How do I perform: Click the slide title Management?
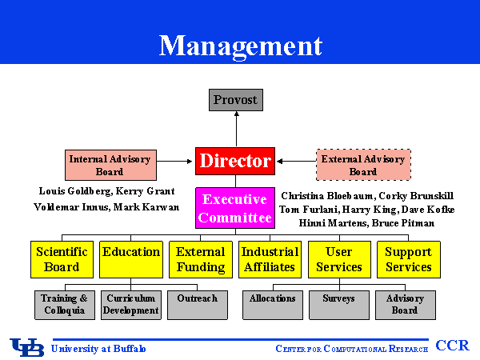[240, 46]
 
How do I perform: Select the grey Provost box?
[235, 100]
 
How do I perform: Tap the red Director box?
[235, 161]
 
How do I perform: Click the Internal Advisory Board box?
[110, 165]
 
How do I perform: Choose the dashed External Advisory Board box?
[363, 165]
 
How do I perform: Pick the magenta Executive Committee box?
[235, 208]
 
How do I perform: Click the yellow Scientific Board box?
[62, 259]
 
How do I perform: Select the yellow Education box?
[131, 259]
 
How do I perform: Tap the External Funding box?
[201, 259]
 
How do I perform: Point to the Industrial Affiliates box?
[269, 259]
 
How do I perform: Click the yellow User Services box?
[339, 259]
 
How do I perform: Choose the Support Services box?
[408, 259]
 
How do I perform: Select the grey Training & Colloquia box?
[63, 304]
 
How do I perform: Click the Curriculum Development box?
[131, 304]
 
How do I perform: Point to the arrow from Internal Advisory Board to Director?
[175, 161]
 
